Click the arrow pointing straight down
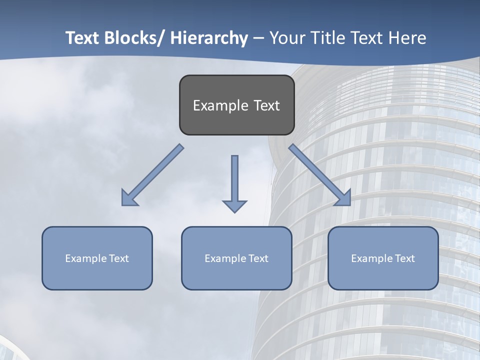click(x=234, y=180)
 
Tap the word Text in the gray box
click(x=266, y=105)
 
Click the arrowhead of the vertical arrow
click(x=234, y=205)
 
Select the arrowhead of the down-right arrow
click(x=344, y=198)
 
